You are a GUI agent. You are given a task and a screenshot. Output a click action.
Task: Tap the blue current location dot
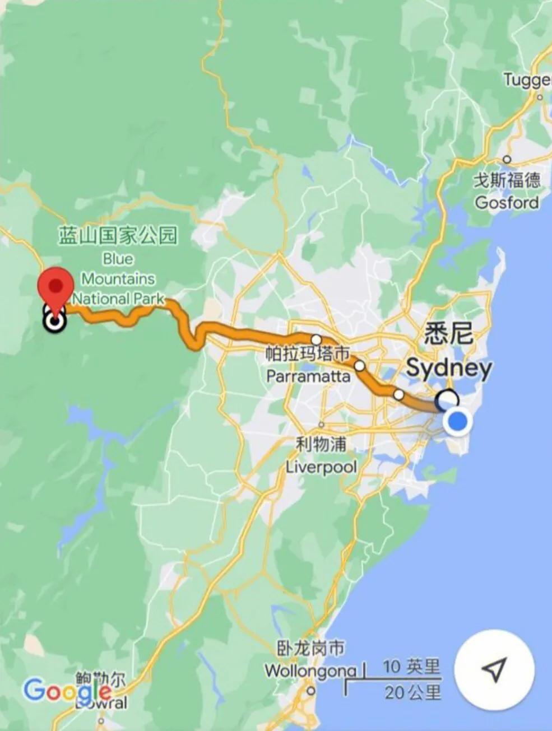coord(458,421)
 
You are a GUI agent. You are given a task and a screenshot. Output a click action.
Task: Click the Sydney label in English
coord(449,368)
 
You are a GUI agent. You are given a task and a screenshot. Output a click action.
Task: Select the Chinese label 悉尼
coord(448,334)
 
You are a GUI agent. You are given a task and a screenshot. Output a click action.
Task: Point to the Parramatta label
coord(308,375)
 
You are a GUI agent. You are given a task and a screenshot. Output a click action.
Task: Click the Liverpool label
coord(321,466)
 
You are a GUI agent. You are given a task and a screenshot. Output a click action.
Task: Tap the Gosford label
coord(507,202)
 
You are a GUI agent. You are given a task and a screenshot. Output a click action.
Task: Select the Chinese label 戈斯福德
coord(507,180)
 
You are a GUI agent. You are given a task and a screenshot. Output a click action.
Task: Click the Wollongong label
coord(310,670)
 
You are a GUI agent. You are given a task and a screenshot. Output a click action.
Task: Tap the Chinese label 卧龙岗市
coord(311,648)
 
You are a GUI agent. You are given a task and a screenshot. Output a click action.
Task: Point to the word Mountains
coord(118,278)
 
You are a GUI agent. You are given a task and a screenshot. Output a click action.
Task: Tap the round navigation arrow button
coord(494,669)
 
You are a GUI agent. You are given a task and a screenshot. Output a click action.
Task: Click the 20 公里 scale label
coord(412,693)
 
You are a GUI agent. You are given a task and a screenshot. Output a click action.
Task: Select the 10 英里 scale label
coord(411,667)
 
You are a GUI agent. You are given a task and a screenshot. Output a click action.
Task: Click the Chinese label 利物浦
coord(321,445)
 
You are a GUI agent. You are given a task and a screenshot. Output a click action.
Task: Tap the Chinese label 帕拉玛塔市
coord(308,353)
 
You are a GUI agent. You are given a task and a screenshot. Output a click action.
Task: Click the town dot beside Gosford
coord(507,159)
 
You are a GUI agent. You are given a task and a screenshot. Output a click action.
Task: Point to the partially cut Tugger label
coord(527,80)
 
